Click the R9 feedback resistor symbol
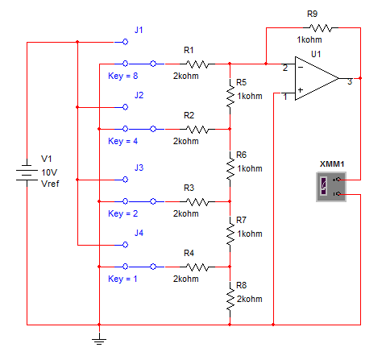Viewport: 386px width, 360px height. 321,27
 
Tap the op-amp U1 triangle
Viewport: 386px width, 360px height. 317,78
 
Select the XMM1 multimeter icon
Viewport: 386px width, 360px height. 331,187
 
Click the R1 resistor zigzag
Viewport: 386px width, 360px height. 197,64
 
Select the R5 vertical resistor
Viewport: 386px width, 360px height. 230,96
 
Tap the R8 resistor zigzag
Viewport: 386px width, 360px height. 230,299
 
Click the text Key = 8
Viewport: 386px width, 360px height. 122,76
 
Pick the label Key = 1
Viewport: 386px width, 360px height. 122,279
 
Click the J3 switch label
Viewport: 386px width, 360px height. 139,168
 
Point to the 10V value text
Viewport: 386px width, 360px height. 49,172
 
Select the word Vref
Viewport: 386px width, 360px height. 50,184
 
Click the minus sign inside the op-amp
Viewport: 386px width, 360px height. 301,67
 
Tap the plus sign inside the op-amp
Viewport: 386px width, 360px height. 301,90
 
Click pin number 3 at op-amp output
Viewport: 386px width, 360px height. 350,82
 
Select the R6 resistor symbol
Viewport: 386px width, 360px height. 230,168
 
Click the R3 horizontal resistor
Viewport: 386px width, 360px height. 197,201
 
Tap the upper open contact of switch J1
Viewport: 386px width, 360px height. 125,42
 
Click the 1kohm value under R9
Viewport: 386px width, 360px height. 309,39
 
